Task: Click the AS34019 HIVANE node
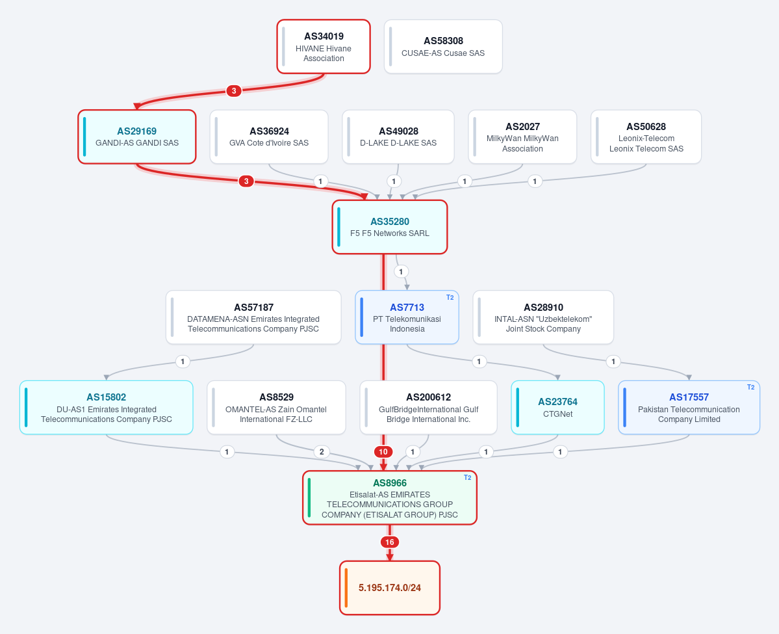click(324, 47)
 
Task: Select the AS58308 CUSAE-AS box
click(443, 47)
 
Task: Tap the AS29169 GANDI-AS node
click(137, 137)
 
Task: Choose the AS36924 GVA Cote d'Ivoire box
click(269, 137)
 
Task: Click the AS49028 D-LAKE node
click(398, 137)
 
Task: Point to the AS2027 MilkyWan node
click(522, 137)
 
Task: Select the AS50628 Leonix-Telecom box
click(646, 137)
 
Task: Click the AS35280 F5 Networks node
click(390, 227)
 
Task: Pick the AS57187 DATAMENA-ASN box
click(253, 317)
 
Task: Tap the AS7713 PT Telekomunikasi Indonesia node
click(407, 317)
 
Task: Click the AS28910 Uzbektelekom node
click(543, 317)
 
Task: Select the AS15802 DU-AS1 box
click(107, 408)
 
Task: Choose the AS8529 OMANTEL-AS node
click(276, 408)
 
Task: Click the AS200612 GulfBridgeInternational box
click(428, 408)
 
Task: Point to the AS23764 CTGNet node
click(558, 408)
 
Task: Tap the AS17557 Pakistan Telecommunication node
click(689, 408)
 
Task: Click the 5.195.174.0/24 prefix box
click(390, 588)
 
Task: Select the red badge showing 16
click(390, 542)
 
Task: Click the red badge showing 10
click(383, 451)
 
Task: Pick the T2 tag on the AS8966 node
click(468, 477)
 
